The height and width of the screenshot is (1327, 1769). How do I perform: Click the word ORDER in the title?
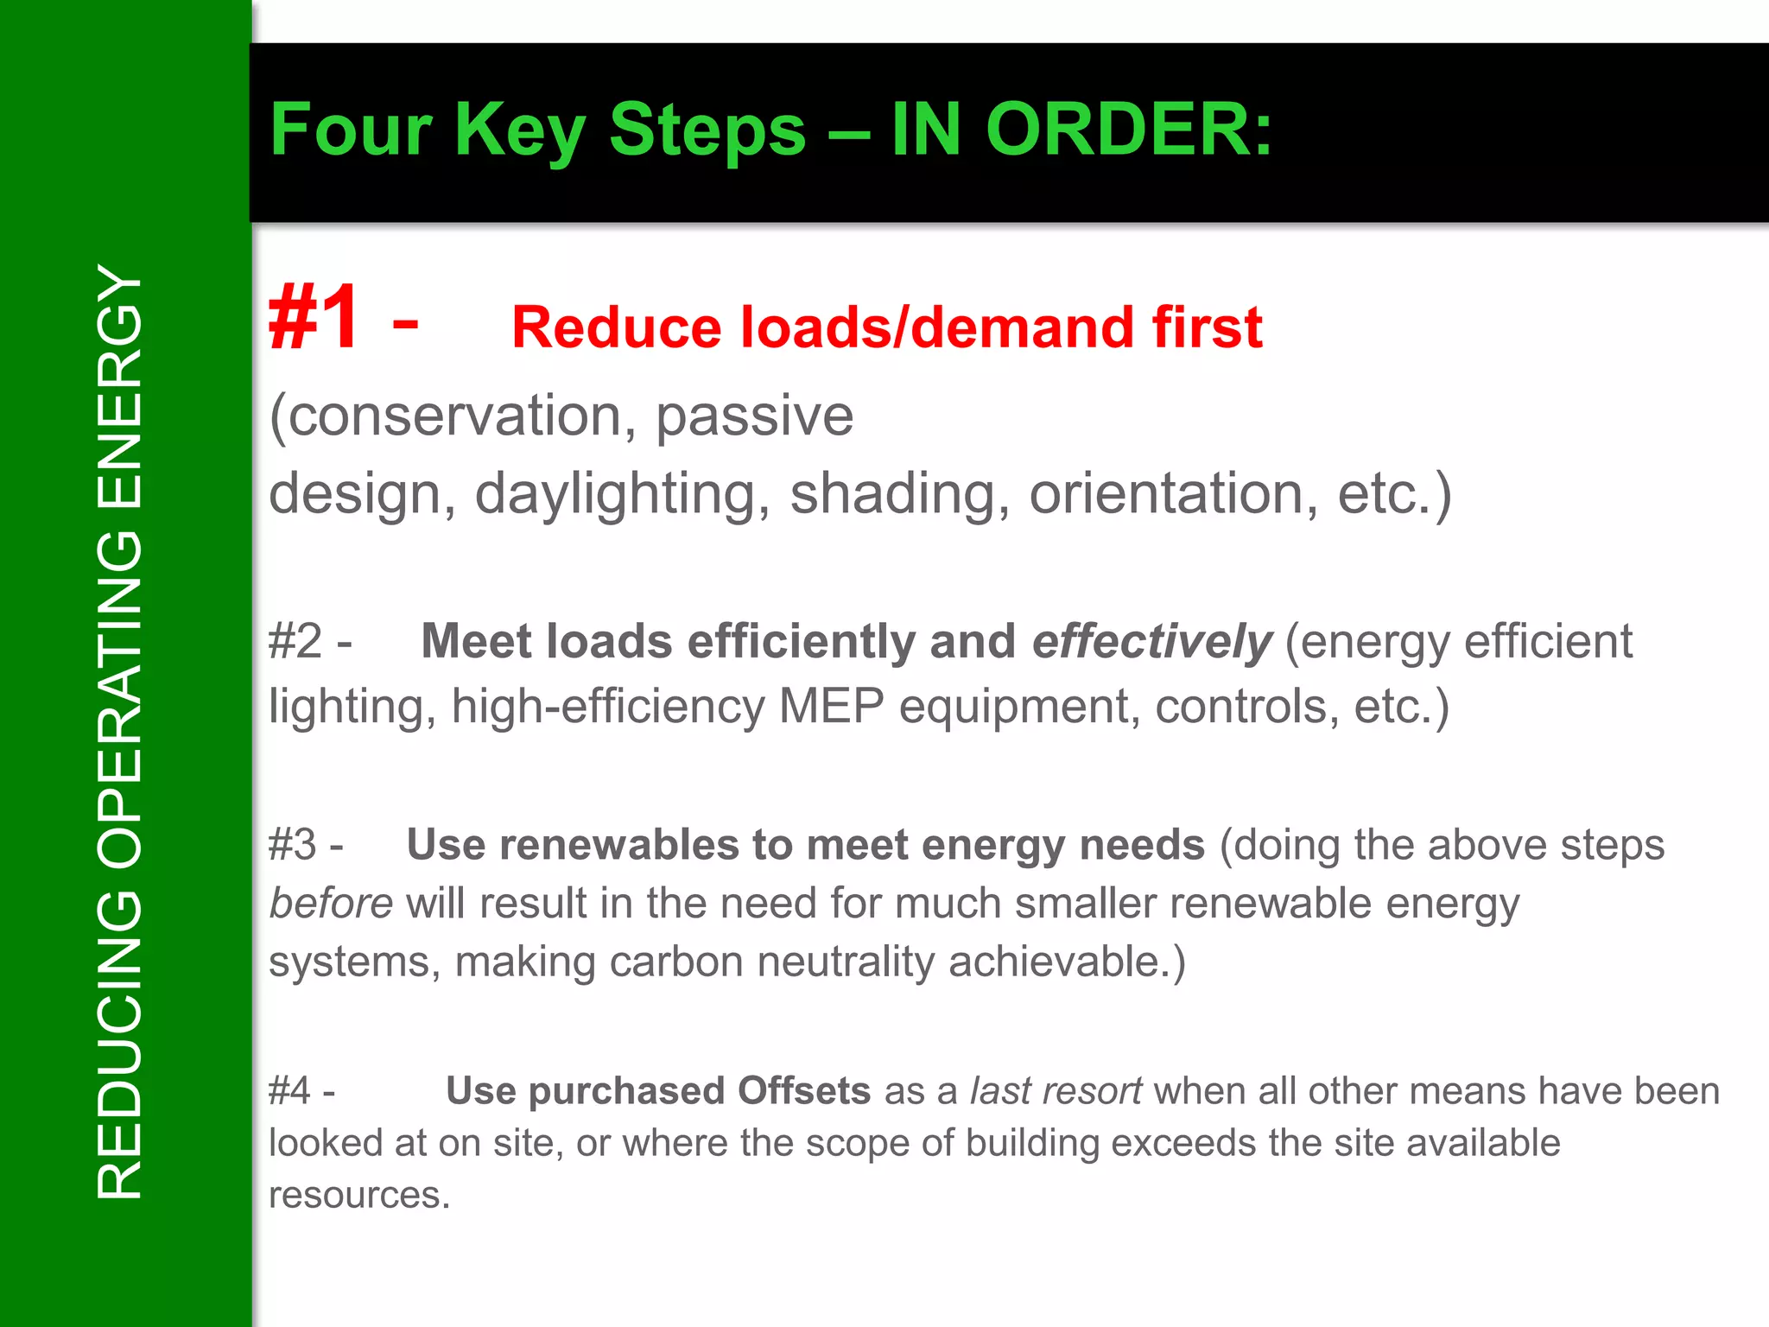pos(1129,130)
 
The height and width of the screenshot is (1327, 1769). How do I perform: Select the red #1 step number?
pos(313,319)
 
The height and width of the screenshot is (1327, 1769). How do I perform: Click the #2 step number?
pos(295,642)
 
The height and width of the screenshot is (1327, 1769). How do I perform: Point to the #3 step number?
pos(293,845)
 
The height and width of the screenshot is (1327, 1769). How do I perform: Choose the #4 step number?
pos(289,1090)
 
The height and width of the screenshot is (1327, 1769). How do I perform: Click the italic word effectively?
pos(1152,642)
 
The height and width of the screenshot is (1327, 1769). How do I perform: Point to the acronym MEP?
pos(832,706)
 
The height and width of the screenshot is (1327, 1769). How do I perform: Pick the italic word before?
pos(331,904)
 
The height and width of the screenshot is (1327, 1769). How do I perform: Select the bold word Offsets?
pos(804,1090)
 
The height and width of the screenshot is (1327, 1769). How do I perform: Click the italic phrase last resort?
pos(1056,1090)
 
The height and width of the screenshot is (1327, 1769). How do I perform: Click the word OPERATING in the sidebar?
pos(120,699)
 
